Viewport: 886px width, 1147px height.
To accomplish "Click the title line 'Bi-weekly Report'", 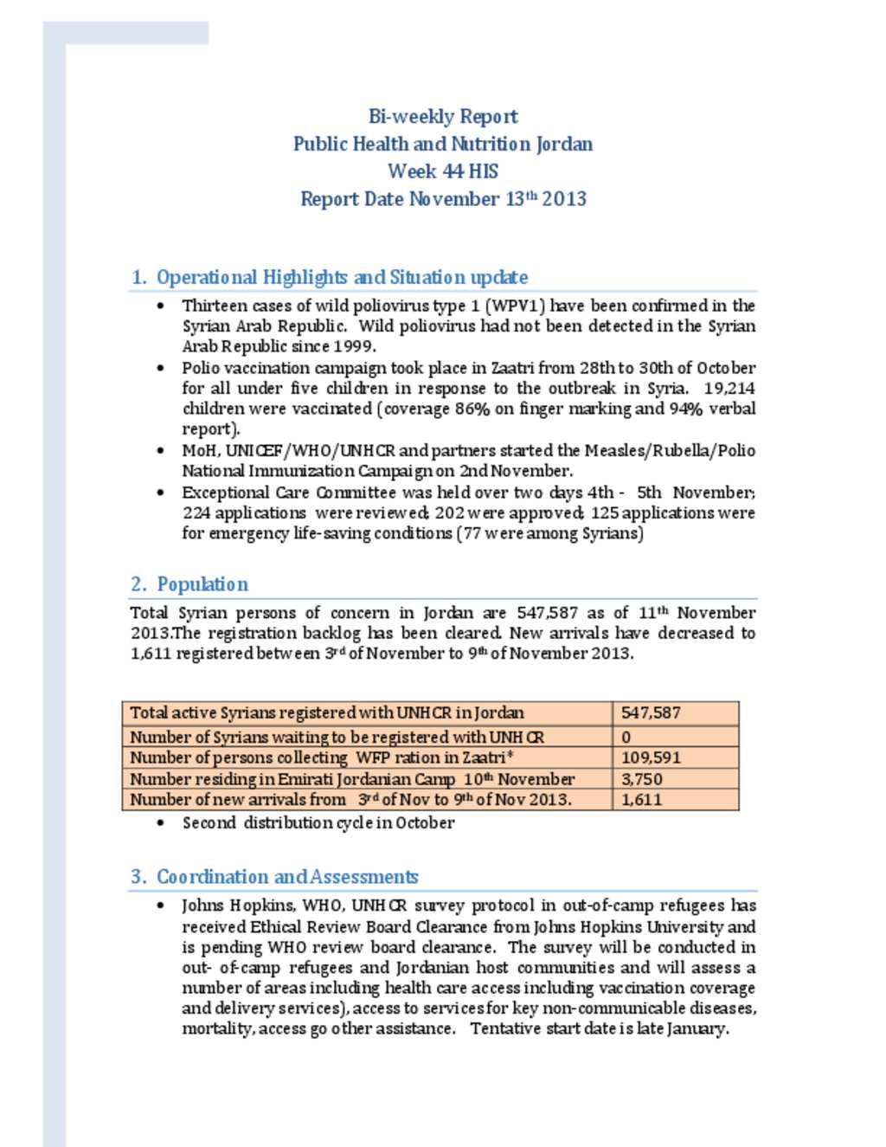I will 443,117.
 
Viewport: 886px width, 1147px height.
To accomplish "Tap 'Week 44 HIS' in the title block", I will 443,171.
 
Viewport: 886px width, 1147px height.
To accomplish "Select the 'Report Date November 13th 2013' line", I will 443,199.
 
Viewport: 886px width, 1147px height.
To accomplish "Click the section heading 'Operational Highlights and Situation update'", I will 342,278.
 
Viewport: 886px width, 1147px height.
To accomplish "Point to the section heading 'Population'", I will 202,584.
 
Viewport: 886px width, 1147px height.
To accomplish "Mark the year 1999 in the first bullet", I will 355,346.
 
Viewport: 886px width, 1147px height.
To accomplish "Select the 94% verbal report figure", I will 685,409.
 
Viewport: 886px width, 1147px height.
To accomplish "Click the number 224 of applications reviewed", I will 196,512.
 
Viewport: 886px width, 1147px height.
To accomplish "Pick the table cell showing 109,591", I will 651,757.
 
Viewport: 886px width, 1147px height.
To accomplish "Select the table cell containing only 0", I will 626,737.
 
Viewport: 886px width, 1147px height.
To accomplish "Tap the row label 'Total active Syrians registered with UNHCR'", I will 326,713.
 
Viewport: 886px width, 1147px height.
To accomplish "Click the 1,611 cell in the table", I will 641,800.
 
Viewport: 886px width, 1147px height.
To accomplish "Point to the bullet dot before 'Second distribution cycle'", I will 161,823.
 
